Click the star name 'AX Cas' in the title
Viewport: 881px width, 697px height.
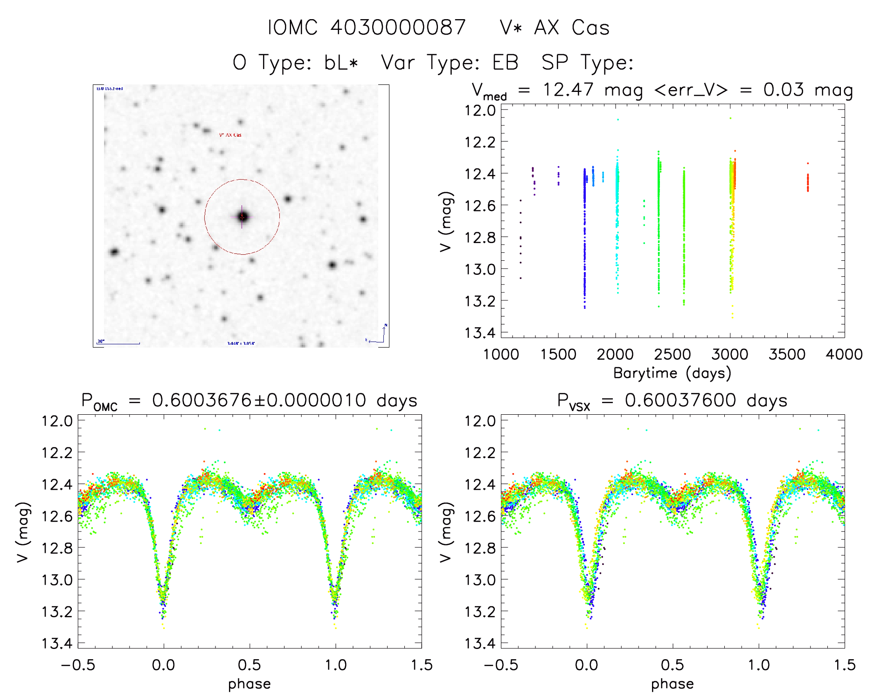[x=572, y=28]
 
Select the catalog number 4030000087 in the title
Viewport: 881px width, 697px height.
[x=398, y=28]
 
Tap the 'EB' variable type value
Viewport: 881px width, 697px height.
[x=505, y=63]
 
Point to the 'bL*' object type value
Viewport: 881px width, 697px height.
[x=341, y=63]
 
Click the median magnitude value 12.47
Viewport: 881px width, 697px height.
[x=568, y=90]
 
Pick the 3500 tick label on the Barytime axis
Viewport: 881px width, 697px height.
[x=787, y=355]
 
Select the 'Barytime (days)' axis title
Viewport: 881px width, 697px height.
[x=672, y=373]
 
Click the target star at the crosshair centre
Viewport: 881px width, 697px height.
[x=242, y=216]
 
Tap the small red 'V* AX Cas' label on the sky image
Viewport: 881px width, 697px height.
[x=230, y=135]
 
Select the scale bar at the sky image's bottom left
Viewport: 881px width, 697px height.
[x=118, y=343]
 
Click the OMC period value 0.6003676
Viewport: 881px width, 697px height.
[x=201, y=400]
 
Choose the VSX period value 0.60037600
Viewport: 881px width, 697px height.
[x=680, y=400]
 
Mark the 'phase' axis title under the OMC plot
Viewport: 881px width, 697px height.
[x=249, y=684]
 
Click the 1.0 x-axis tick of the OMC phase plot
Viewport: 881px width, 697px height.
[x=335, y=665]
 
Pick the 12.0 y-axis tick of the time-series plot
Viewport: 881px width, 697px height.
[x=480, y=111]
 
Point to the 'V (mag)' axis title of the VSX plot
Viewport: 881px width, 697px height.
[x=446, y=532]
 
